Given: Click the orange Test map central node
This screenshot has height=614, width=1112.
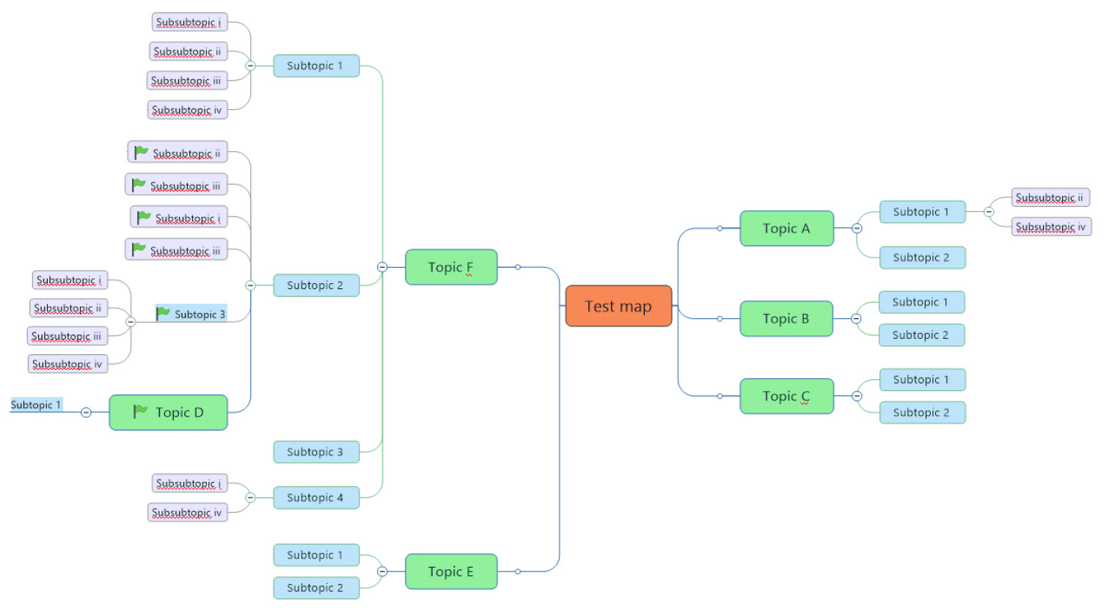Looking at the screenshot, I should pyautogui.click(x=618, y=306).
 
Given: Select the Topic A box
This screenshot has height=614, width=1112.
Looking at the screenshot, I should pyautogui.click(x=786, y=228).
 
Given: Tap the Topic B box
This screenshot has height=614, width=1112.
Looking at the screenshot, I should pyautogui.click(x=786, y=318).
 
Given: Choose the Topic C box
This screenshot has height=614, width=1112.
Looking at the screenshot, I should pyautogui.click(x=786, y=396).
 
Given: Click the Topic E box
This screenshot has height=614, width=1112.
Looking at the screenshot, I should pyautogui.click(x=450, y=571).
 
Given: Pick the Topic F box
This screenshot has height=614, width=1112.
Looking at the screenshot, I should pyautogui.click(x=450, y=267).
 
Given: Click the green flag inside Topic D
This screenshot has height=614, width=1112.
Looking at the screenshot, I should pyautogui.click(x=140, y=412).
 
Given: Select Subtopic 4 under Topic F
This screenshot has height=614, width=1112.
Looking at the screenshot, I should pyautogui.click(x=315, y=497).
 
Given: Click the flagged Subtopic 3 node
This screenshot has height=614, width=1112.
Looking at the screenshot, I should pyautogui.click(x=191, y=314).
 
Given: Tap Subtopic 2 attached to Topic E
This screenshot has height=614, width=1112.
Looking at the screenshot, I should pyautogui.click(x=315, y=588).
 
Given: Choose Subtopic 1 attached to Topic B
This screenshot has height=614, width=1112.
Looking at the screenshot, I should pyautogui.click(x=921, y=301).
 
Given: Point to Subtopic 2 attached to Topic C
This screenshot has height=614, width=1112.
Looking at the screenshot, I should pyautogui.click(x=921, y=412).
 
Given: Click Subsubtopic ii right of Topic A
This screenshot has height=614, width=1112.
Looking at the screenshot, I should pyautogui.click(x=1050, y=197).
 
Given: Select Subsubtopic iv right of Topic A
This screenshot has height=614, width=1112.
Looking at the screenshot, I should pyautogui.click(x=1051, y=227).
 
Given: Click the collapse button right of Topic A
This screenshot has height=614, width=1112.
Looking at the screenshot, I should pyautogui.click(x=857, y=228).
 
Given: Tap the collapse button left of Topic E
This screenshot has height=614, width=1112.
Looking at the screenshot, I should pyautogui.click(x=382, y=571).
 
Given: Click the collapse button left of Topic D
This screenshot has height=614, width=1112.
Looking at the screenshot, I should pyautogui.click(x=86, y=412).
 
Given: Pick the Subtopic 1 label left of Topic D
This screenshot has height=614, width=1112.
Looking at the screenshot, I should pyautogui.click(x=36, y=404).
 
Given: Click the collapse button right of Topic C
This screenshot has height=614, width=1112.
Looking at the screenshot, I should pyautogui.click(x=857, y=396).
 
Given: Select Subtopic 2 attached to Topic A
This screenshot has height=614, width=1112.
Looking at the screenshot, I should pyautogui.click(x=921, y=257).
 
